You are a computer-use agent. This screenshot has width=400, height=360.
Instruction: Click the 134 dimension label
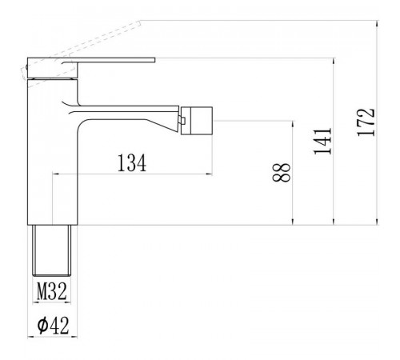click(132, 162)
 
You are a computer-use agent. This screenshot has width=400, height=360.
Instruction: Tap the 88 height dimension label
click(282, 172)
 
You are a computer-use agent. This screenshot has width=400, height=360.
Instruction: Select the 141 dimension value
click(323, 141)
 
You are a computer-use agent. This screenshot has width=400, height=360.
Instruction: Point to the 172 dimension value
click(366, 122)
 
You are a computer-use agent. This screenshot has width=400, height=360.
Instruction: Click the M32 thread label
click(52, 291)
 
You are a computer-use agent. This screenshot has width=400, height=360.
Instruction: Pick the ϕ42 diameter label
click(53, 325)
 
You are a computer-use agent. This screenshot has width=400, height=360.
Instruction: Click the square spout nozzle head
click(197, 121)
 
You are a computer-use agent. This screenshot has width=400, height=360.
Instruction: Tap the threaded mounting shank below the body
click(52, 250)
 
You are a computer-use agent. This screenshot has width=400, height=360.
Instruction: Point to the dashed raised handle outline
click(81, 48)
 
